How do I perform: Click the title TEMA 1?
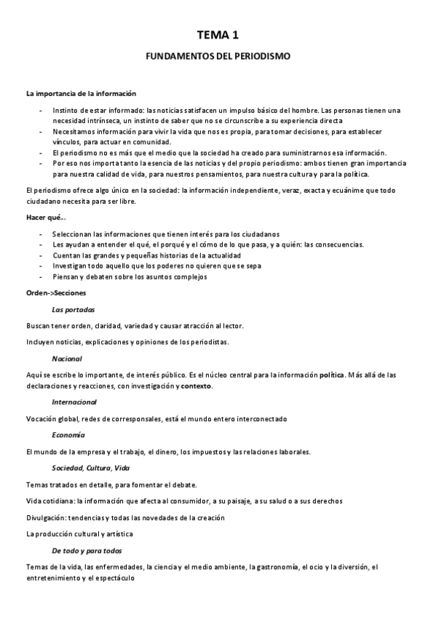click(x=218, y=34)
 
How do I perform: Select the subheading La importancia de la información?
click(x=80, y=93)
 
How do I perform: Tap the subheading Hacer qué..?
click(x=45, y=218)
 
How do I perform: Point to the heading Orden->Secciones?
click(x=55, y=292)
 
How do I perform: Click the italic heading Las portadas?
click(x=74, y=309)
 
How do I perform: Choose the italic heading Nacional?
click(x=67, y=359)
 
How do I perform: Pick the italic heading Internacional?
click(x=74, y=402)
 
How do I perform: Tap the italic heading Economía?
click(x=68, y=434)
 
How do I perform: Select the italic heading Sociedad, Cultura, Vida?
click(x=90, y=468)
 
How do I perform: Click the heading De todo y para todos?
click(x=87, y=550)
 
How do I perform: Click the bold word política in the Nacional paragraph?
click(x=331, y=375)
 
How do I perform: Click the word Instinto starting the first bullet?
click(x=66, y=111)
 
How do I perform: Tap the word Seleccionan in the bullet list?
click(x=74, y=234)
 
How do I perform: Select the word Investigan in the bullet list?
click(x=71, y=266)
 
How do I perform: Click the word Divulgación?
click(x=47, y=517)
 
